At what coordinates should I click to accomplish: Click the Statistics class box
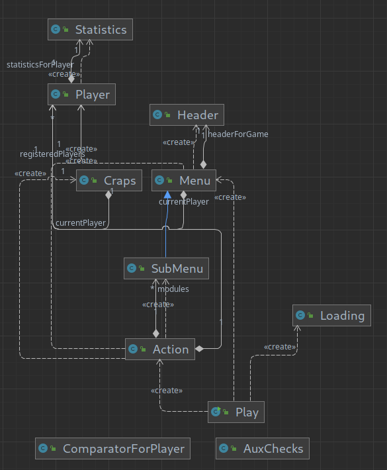click(90, 30)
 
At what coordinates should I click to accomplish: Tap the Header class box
click(187, 115)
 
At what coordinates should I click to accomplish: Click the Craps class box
click(109, 181)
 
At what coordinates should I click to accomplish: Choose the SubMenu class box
click(167, 269)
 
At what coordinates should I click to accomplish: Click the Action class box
click(160, 349)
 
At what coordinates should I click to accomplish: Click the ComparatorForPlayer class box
click(113, 449)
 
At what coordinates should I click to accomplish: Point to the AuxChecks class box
click(263, 449)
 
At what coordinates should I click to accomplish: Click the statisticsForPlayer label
click(40, 65)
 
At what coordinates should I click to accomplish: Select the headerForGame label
click(238, 134)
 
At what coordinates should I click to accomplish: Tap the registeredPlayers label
click(52, 154)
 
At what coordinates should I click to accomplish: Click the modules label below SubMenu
click(173, 289)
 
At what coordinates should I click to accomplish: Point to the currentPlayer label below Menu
click(183, 201)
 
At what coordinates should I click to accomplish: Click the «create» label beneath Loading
click(279, 347)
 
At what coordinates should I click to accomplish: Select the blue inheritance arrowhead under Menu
click(167, 195)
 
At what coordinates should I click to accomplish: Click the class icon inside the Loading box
click(301, 316)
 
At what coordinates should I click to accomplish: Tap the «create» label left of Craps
click(30, 173)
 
